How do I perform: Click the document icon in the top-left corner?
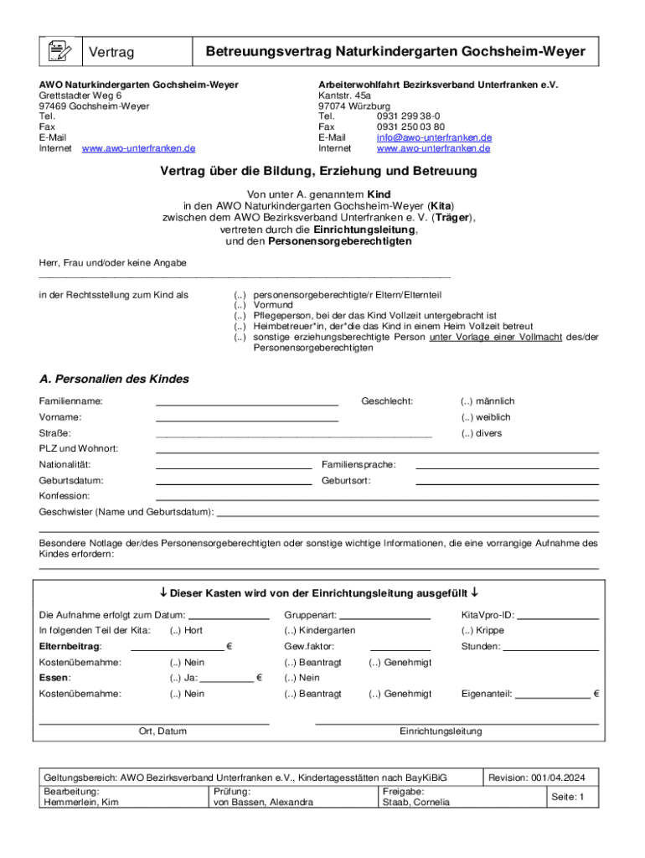pyautogui.click(x=58, y=52)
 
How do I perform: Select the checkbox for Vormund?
pyautogui.click(x=240, y=306)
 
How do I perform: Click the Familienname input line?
pyautogui.click(x=247, y=402)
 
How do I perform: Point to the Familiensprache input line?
pyautogui.click(x=507, y=466)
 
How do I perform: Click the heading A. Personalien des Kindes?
pyautogui.click(x=114, y=379)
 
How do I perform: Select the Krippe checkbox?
pyautogui.click(x=467, y=630)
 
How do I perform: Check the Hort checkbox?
pyautogui.click(x=174, y=630)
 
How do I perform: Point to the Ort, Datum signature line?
pyautogui.click(x=154, y=721)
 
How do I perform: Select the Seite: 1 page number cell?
pyautogui.click(x=567, y=797)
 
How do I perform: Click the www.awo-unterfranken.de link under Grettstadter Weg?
pyautogui.click(x=138, y=148)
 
